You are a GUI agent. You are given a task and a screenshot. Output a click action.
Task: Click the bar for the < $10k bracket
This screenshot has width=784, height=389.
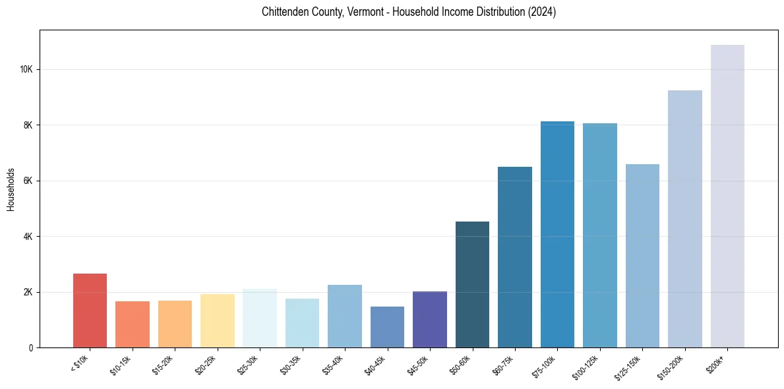click(90, 311)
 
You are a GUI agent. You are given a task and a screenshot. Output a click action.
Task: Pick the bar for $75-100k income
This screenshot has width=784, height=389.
click(557, 235)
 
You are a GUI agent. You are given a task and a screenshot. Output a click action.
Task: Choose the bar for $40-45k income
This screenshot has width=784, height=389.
click(387, 327)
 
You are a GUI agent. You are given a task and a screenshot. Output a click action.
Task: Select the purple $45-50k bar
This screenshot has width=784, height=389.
click(430, 320)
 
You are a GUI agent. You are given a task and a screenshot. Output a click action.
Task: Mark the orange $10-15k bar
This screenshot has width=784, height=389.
click(132, 324)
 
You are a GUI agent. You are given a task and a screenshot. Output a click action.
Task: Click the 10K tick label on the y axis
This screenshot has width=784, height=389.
click(27, 70)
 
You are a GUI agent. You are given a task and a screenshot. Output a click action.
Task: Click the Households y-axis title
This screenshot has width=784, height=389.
click(11, 189)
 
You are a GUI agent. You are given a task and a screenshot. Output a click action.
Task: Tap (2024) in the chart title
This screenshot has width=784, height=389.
click(541, 13)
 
